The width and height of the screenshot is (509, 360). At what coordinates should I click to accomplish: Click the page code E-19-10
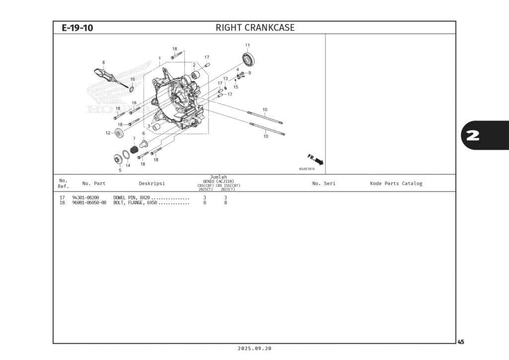pos(77,28)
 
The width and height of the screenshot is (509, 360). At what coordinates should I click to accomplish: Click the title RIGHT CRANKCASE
pos(254,28)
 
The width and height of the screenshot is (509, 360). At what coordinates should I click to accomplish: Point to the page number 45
pos(461,342)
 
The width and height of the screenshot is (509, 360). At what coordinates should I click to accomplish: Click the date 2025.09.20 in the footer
pos(254,349)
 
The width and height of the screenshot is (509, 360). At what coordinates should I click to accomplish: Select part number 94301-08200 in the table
pos(85,198)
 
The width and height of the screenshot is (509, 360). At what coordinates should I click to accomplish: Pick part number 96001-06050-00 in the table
pos(89,203)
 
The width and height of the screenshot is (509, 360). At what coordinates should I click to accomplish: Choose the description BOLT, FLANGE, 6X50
pos(135,203)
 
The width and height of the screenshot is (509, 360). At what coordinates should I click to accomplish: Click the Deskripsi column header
pos(152,183)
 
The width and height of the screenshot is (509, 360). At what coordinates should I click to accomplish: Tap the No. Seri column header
pos(324,183)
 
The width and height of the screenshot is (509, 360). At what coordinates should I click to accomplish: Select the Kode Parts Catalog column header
pos(396,183)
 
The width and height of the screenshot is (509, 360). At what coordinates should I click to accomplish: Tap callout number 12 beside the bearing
pos(107,133)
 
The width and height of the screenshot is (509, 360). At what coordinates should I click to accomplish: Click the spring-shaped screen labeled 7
pos(134,149)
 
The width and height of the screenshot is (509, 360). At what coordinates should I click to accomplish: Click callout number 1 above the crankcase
pos(160,58)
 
